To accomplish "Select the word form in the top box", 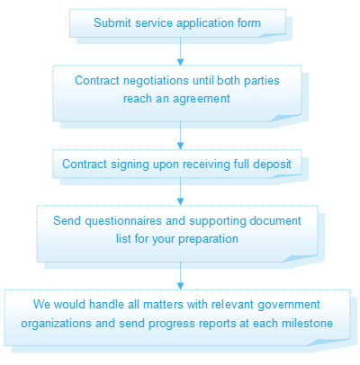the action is click(249, 23).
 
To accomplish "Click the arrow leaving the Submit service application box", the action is click(180, 51).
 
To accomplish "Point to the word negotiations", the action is click(156, 81).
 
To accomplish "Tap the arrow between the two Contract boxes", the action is click(180, 136).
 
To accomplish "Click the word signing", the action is click(130, 165).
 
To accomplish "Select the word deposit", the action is click(272, 165).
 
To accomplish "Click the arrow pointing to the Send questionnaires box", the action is click(180, 191).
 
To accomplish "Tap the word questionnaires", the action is click(123, 221).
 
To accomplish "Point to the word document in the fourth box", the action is click(275, 221).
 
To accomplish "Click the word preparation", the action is click(208, 240).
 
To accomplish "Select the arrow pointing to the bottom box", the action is click(180, 276).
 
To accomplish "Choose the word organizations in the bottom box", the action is click(56, 325).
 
